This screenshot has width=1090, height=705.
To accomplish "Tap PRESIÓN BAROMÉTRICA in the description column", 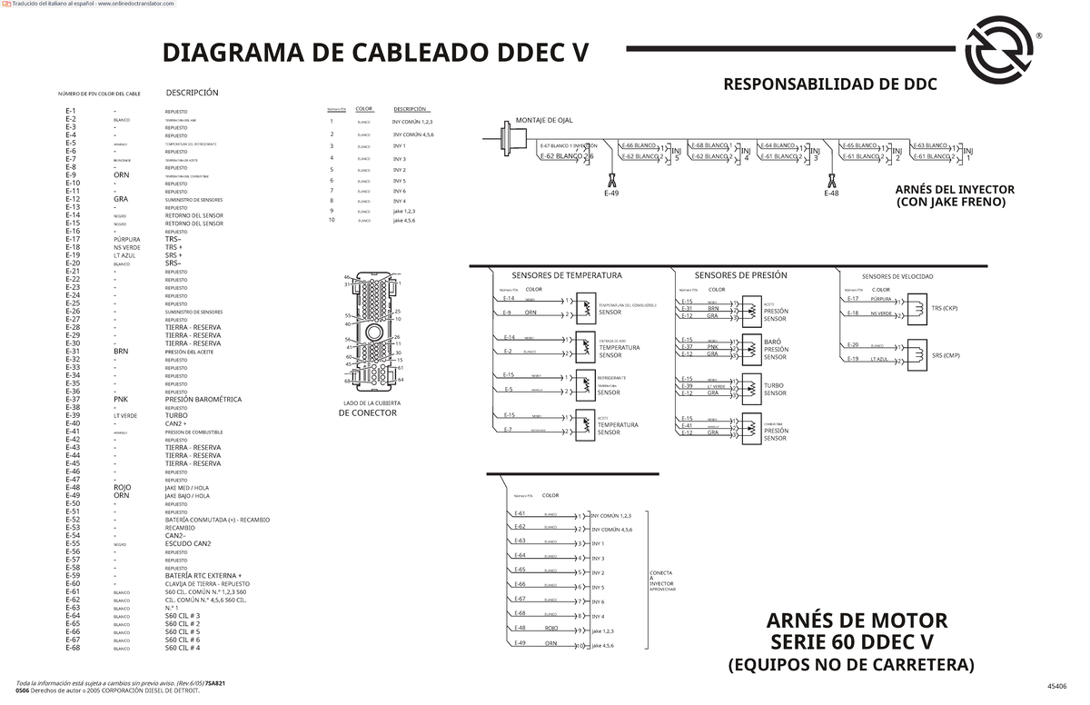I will tap(203, 399).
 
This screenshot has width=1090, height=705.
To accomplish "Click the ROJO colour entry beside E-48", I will tap(123, 487).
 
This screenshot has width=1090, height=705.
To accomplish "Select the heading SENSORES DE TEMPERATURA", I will tap(566, 275).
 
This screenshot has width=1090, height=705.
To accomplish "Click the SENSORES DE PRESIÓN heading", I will tap(740, 275).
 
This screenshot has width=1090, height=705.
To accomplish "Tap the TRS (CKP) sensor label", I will tap(944, 308).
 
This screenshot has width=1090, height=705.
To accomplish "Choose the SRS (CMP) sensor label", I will tap(945, 354).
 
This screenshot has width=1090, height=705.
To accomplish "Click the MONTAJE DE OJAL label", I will tap(544, 121).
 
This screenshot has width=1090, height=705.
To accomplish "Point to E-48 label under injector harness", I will tap(831, 193).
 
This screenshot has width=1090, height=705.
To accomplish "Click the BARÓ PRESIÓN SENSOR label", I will tap(776, 349).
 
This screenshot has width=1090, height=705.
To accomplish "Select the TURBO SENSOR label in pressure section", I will tap(775, 389).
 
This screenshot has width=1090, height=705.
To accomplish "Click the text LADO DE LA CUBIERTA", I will tap(372, 402).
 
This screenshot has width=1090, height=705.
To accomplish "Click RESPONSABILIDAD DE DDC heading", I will tap(829, 85).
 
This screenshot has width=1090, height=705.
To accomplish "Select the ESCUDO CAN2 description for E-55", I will tap(188, 543).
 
